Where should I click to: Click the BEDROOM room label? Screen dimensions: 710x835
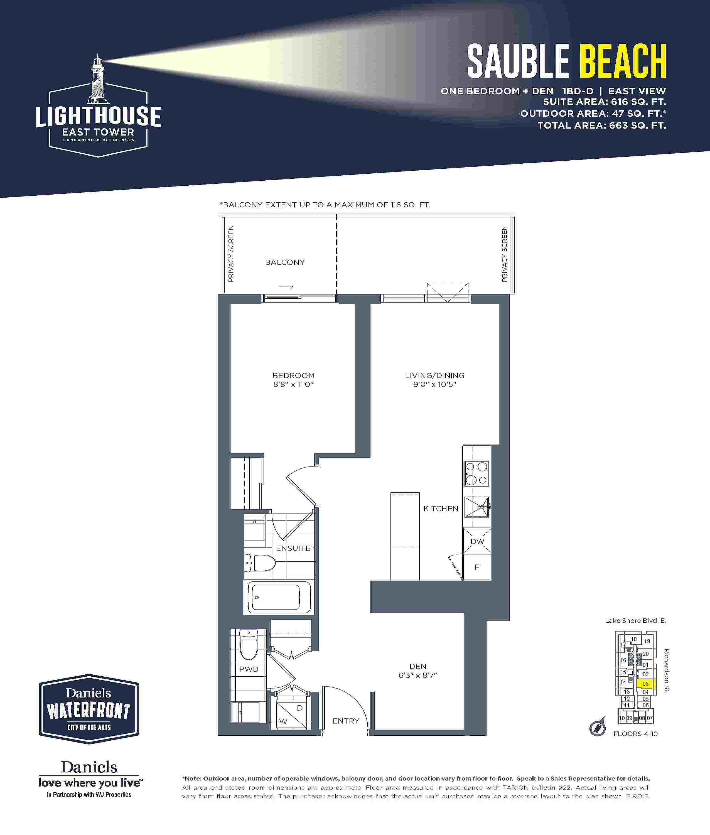click(293, 375)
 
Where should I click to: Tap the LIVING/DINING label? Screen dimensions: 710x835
click(435, 375)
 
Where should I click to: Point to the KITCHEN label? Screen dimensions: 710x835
click(441, 509)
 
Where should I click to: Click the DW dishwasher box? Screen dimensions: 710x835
click(477, 541)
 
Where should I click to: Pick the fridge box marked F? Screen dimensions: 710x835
click(477, 567)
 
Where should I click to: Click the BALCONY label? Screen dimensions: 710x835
click(285, 262)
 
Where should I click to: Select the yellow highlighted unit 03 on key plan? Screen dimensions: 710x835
click(646, 684)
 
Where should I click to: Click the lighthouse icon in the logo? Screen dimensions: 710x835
click(97, 78)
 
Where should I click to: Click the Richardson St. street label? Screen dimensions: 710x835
click(667, 671)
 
